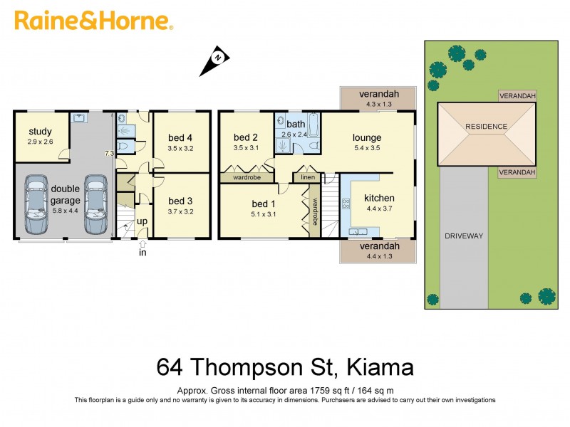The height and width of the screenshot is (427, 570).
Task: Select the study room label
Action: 41,132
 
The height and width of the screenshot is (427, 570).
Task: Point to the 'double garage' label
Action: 66,194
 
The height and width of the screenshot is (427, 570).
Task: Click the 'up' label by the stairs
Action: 142,221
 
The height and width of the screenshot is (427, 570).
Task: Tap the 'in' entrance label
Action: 142,252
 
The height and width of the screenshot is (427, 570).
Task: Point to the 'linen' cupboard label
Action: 308,177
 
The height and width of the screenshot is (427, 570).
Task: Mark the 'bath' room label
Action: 296,125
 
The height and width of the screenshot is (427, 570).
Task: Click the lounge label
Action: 367,137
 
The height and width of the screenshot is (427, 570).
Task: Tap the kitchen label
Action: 379,198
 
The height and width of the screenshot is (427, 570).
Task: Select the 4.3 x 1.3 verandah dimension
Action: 378,104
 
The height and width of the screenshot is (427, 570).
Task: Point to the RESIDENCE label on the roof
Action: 486,127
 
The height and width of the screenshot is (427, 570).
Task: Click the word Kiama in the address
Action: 380,368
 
